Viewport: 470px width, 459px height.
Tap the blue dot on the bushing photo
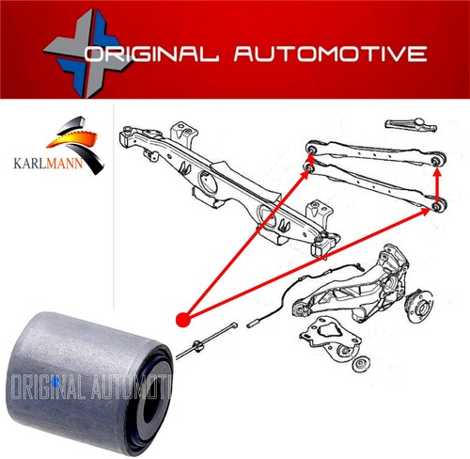[56, 379]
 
